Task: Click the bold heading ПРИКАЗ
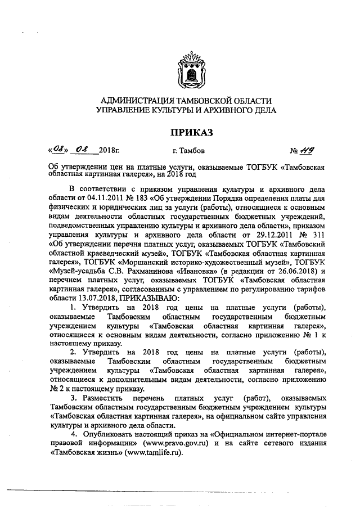[186, 133]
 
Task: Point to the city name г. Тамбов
[188, 151]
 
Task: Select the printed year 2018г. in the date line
[109, 151]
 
